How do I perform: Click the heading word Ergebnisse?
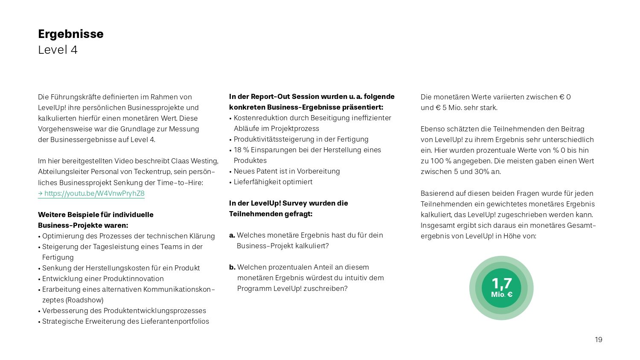70,34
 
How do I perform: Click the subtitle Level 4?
58,50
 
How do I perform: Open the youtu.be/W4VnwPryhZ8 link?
94,193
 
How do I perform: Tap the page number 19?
599,340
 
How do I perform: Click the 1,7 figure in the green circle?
501,283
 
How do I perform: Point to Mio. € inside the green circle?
501,294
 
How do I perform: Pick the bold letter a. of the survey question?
232,235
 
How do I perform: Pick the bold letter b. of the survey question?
232,267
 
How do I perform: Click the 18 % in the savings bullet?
241,150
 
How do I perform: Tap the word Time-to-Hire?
181,183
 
